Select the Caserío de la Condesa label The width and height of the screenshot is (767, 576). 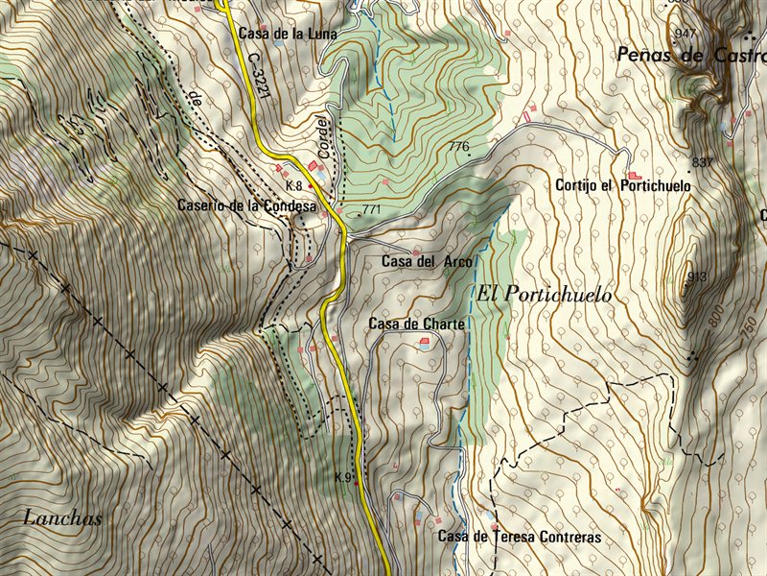pyautogui.click(x=246, y=205)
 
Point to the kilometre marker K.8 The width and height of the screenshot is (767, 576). pyautogui.click(x=293, y=185)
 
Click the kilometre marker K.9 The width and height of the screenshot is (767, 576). pyautogui.click(x=343, y=477)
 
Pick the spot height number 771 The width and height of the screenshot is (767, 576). pyautogui.click(x=372, y=209)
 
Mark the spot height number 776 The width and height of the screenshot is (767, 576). pyautogui.click(x=458, y=147)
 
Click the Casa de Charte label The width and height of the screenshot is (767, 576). pyautogui.click(x=416, y=324)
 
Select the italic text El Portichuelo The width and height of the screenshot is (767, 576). pyautogui.click(x=544, y=295)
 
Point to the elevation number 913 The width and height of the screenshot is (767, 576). pyautogui.click(x=696, y=277)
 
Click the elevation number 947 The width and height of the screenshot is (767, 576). pyautogui.click(x=686, y=34)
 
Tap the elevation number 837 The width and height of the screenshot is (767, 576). pyautogui.click(x=702, y=162)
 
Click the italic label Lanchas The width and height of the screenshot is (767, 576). pyautogui.click(x=61, y=518)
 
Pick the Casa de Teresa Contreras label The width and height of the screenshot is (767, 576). pyautogui.click(x=520, y=537)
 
